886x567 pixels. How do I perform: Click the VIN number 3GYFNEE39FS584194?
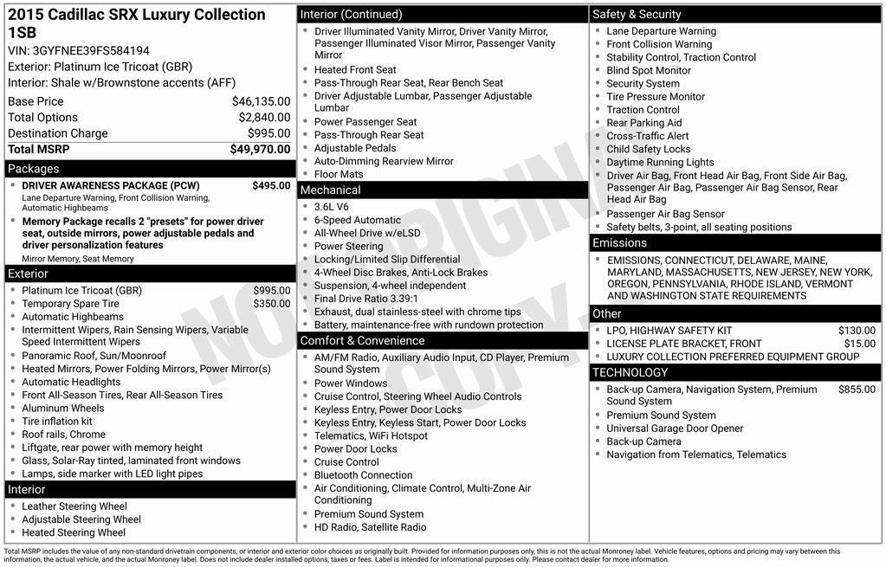[x=90, y=50]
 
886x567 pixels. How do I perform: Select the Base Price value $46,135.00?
[x=261, y=101]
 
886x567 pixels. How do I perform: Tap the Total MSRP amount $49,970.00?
[x=260, y=150]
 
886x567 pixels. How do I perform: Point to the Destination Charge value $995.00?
[x=268, y=133]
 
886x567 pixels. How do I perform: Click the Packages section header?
[x=34, y=169]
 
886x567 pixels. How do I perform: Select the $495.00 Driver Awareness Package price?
[x=271, y=185]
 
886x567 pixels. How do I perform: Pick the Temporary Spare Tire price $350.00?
[x=272, y=304]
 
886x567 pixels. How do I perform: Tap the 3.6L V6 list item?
[x=332, y=207]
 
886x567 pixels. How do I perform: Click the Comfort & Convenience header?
[x=362, y=341]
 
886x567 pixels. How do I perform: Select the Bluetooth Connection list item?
[x=363, y=475]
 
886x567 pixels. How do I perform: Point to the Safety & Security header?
[x=637, y=14]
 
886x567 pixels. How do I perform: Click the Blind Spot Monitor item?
[x=649, y=71]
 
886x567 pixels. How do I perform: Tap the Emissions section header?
[x=619, y=243]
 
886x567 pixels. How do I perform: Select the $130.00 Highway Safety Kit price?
[x=857, y=331]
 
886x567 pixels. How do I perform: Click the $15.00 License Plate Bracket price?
[x=860, y=344]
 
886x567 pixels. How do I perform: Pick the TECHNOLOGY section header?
[x=630, y=373]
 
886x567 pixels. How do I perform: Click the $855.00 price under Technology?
[x=857, y=390]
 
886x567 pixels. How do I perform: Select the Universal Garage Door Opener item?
[x=675, y=428]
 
